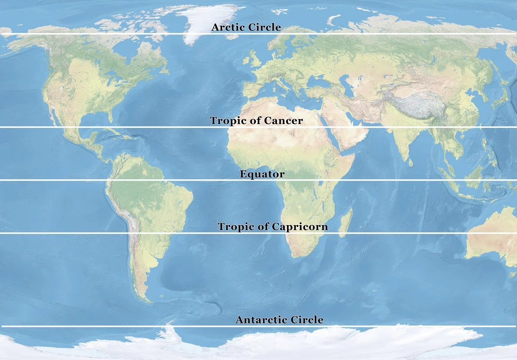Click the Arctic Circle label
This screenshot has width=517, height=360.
pyautogui.click(x=246, y=28)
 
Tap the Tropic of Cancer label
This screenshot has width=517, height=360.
pyautogui.click(x=256, y=121)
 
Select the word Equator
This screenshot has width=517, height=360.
pyautogui.click(x=262, y=174)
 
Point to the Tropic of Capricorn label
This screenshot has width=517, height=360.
pyautogui.click(x=273, y=227)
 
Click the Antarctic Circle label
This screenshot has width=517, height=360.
pyautogui.click(x=279, y=320)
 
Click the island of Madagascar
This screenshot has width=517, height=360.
pyautogui.click(x=346, y=223)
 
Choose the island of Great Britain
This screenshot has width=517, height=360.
pyautogui.click(x=255, y=60)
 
